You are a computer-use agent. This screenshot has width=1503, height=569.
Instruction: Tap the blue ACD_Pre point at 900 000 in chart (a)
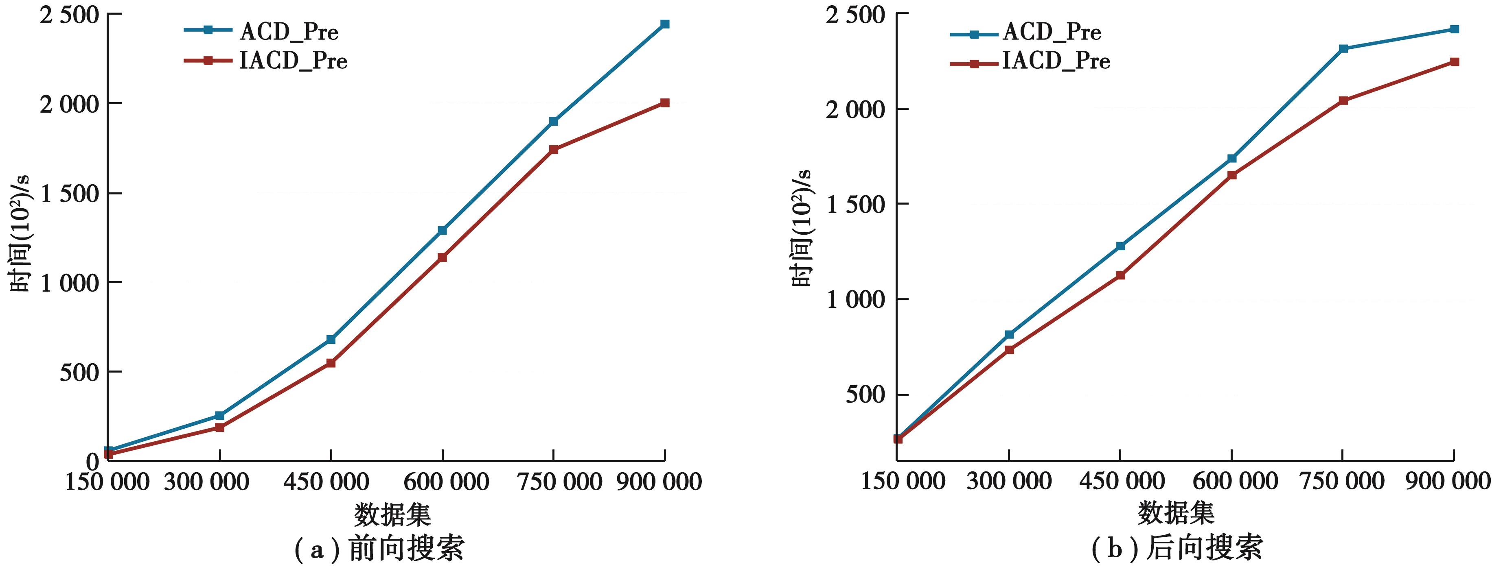click(x=664, y=24)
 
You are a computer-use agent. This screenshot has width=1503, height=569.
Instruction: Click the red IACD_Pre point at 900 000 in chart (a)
click(x=664, y=102)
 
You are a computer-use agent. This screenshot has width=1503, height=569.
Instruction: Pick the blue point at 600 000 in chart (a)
click(x=442, y=230)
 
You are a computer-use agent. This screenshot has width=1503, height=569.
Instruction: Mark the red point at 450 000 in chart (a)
click(x=331, y=363)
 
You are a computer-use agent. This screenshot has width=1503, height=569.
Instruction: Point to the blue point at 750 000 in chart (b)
click(x=1343, y=48)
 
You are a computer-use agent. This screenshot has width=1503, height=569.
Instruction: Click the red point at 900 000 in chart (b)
click(x=1455, y=62)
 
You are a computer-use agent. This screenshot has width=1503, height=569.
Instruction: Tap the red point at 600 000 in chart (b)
click(x=1232, y=175)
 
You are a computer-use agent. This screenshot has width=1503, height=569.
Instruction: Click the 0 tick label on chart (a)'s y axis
click(x=93, y=462)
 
